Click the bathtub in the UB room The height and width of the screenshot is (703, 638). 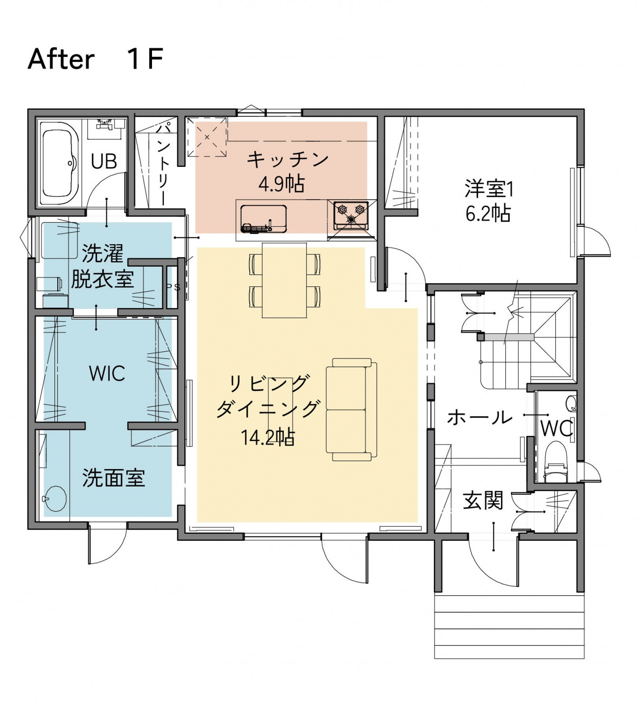click(x=60, y=163)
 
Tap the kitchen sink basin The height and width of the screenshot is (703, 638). click(x=263, y=218)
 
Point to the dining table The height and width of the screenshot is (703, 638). click(x=284, y=280)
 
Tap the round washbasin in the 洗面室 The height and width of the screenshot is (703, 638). click(x=55, y=499)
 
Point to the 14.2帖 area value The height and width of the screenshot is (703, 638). click(x=267, y=437)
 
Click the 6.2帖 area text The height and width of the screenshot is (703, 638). click(x=488, y=214)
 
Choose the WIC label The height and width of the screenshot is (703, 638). click(x=107, y=374)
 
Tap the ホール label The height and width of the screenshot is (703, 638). click(x=479, y=417)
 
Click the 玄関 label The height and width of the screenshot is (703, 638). click(x=483, y=501)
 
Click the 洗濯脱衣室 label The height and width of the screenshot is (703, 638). click(x=102, y=266)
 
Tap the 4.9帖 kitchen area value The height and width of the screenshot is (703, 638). click(x=281, y=184)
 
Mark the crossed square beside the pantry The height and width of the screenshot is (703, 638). click(x=207, y=137)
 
